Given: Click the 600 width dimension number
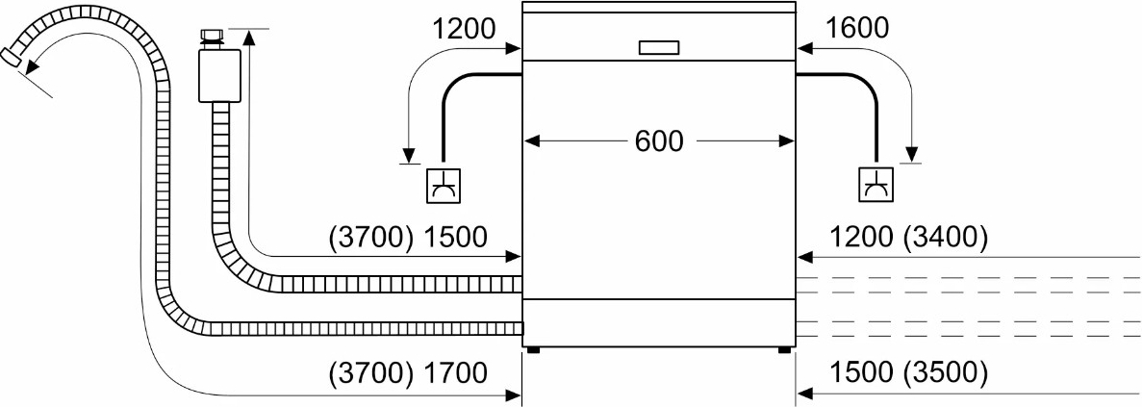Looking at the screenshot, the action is click(659, 141).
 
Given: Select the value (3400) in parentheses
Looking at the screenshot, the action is click(945, 237).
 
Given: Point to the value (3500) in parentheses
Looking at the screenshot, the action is click(945, 372).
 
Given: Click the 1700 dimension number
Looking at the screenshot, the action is click(454, 372).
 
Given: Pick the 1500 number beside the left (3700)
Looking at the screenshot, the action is click(454, 237).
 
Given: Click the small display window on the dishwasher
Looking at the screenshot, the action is click(659, 48).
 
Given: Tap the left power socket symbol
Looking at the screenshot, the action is click(443, 185).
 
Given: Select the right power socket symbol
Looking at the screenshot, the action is click(876, 185).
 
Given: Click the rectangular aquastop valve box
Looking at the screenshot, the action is click(219, 76).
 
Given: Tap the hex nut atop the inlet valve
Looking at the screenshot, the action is click(211, 38).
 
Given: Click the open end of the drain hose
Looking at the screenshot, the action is click(12, 58).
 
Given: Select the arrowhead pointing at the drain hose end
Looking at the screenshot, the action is click(29, 68).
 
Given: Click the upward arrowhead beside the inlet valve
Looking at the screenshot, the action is click(249, 37).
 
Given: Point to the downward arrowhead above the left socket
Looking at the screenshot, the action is click(409, 155).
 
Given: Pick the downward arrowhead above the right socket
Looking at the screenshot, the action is click(910, 154).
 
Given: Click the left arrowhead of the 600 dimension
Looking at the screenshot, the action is click(532, 141).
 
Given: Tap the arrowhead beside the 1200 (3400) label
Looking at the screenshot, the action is click(805, 257).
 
